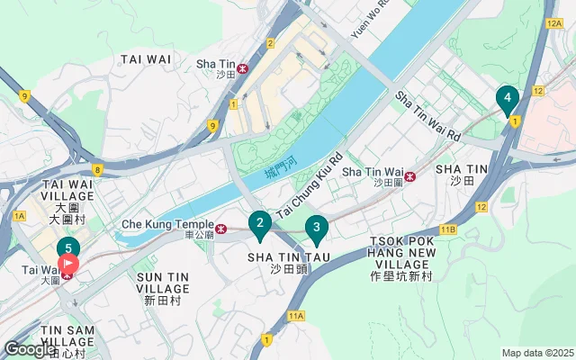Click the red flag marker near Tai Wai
tap(68, 265)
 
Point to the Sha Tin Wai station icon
tap(410, 175)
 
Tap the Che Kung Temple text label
tap(167, 224)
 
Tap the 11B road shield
tap(448, 229)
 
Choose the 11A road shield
tap(297, 316)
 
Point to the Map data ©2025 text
tap(536, 353)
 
